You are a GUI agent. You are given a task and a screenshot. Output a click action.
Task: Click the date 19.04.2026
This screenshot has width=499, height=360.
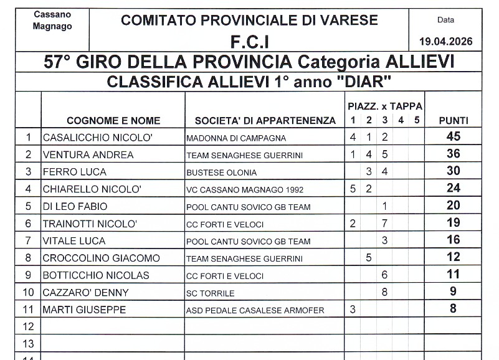click(x=445, y=42)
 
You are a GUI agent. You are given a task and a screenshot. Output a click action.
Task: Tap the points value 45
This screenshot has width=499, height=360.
click(x=454, y=137)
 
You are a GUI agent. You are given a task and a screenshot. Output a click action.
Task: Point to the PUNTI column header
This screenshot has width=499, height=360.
click(x=454, y=121)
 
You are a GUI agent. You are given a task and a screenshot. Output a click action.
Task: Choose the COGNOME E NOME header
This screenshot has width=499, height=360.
click(x=113, y=121)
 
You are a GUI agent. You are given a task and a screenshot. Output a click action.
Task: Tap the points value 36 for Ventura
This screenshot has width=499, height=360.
click(x=454, y=154)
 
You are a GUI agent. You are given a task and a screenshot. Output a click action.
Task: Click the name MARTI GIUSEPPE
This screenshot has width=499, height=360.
click(x=83, y=310)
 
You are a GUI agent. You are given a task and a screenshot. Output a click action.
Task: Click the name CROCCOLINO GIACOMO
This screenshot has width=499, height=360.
click(x=101, y=258)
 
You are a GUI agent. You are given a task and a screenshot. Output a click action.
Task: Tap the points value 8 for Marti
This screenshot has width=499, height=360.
click(x=454, y=309)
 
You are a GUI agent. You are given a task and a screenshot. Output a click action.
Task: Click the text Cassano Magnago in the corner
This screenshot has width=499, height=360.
click(x=52, y=20)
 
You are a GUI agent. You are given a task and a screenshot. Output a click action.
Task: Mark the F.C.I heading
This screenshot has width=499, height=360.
click(x=249, y=42)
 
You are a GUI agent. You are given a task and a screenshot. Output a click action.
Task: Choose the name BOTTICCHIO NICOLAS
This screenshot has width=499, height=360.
click(x=95, y=275)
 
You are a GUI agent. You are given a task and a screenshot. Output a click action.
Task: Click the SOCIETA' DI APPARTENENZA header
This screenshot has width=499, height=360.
click(x=265, y=121)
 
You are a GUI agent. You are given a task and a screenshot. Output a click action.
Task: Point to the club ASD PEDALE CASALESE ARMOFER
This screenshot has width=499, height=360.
click(x=255, y=310)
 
